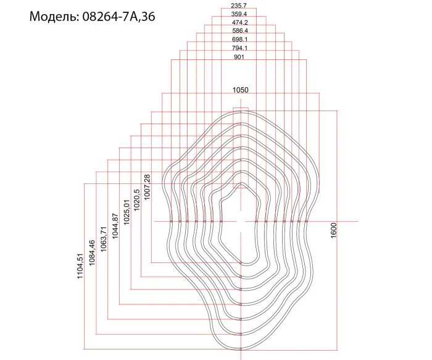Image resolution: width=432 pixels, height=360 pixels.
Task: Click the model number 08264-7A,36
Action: tap(118, 17)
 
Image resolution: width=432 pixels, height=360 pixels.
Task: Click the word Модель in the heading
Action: tap(52, 17)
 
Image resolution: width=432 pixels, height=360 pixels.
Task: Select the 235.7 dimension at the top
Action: tap(239, 5)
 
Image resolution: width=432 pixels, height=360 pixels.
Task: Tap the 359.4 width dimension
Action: tap(239, 14)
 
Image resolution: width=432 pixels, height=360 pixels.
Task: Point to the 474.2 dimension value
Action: tap(239, 22)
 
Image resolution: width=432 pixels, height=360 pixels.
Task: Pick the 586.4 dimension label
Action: tap(239, 31)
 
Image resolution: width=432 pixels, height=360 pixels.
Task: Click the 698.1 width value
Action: tap(239, 40)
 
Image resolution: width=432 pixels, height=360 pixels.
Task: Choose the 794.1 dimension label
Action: tap(239, 48)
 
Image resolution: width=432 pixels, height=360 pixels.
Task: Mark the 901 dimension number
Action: tap(239, 57)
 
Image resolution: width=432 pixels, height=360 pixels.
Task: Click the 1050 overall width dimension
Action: tap(241, 90)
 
